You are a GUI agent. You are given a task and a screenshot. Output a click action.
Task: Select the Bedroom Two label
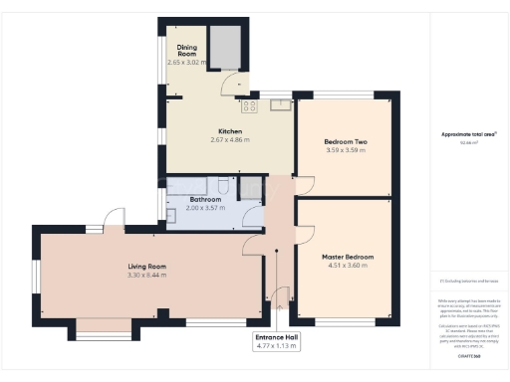coord(346,142)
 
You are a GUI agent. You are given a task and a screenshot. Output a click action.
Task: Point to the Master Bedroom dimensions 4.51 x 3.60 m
coord(348,267)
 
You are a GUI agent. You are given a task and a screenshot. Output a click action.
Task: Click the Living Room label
coord(146,266)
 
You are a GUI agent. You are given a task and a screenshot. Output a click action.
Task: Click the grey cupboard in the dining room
coord(227,48)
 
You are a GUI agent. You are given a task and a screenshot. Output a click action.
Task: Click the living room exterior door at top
coord(116,220)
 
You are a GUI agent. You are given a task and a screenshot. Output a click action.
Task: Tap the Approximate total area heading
coord(469,134)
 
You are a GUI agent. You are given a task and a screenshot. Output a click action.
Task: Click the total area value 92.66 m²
coord(468,143)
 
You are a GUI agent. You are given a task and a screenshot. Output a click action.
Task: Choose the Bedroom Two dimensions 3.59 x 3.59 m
coord(346,151)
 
